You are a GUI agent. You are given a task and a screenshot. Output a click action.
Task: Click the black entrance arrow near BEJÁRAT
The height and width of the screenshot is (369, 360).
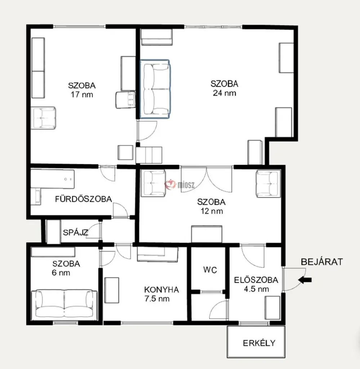(x=305, y=280)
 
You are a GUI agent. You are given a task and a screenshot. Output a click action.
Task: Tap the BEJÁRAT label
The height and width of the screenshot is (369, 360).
(x=322, y=262)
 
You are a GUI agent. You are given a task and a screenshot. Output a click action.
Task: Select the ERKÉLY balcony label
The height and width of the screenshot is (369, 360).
(x=259, y=343)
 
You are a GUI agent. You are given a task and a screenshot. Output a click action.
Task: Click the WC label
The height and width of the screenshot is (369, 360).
(x=210, y=270)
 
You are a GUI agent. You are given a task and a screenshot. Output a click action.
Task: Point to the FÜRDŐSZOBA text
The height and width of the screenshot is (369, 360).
(x=83, y=199)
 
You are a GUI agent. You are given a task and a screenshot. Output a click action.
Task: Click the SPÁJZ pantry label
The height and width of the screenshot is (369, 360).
(x=75, y=232)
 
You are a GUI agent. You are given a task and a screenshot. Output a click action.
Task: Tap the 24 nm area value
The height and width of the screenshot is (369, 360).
(x=225, y=93)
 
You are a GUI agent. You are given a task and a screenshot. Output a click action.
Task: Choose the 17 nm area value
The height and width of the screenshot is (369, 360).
(x=82, y=95)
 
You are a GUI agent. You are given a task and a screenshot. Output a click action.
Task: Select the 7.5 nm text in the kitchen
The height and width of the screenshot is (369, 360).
(x=157, y=299)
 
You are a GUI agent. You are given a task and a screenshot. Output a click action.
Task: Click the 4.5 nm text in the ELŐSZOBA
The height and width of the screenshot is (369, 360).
(x=256, y=289)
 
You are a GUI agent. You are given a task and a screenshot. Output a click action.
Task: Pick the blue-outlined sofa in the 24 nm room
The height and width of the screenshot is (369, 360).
(x=155, y=89)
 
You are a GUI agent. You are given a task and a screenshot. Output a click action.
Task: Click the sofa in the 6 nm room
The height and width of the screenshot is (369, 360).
(x=64, y=304)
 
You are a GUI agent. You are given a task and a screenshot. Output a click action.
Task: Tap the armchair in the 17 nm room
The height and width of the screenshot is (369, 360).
(x=44, y=118)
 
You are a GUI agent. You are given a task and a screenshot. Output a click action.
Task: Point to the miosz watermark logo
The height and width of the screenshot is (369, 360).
(x=180, y=184)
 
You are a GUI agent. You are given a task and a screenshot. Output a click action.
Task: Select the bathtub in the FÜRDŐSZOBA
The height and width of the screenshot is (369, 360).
(x=53, y=179)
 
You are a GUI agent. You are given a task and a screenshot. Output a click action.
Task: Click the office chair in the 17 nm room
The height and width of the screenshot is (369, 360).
(x=126, y=100)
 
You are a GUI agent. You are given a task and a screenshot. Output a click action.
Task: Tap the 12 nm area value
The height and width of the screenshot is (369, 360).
(x=212, y=211)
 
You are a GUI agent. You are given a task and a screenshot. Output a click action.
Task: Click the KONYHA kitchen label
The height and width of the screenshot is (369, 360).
(x=161, y=289)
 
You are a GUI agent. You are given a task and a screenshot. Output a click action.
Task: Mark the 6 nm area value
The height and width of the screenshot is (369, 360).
(x=61, y=273)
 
